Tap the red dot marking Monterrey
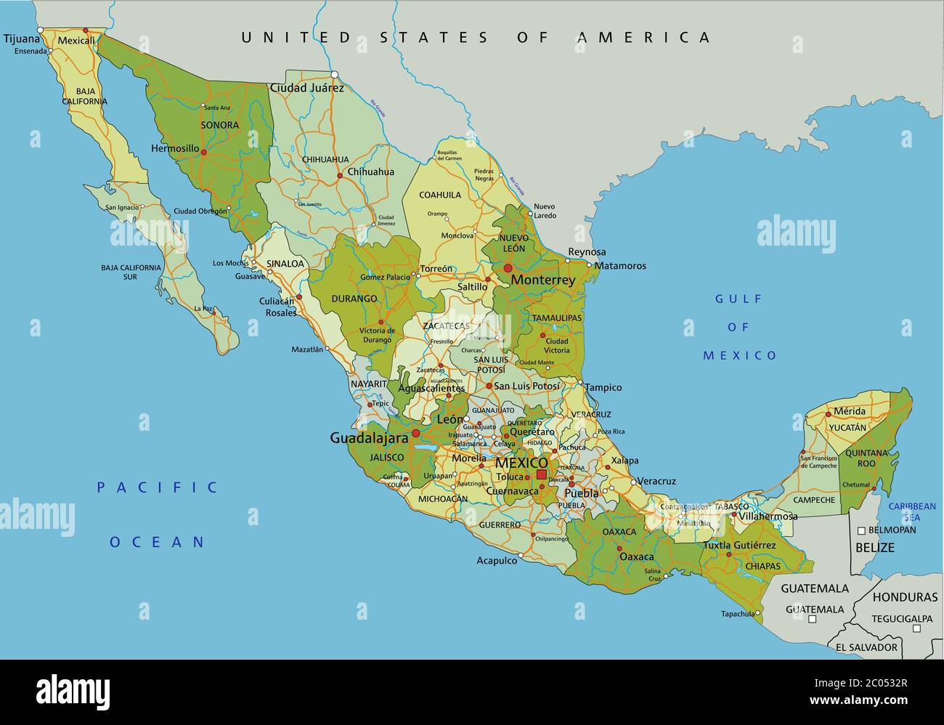point(508,269)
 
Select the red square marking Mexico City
point(541,474)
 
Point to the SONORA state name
point(219,125)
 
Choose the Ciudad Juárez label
point(306,88)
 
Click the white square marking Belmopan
point(860,530)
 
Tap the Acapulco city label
point(497,560)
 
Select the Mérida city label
point(849,411)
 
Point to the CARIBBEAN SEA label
point(913,511)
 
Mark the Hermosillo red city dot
point(203,152)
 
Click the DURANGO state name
point(354,299)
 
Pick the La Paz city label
point(204,309)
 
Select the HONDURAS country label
point(905,597)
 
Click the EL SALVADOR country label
point(866,647)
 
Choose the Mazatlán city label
point(307,349)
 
